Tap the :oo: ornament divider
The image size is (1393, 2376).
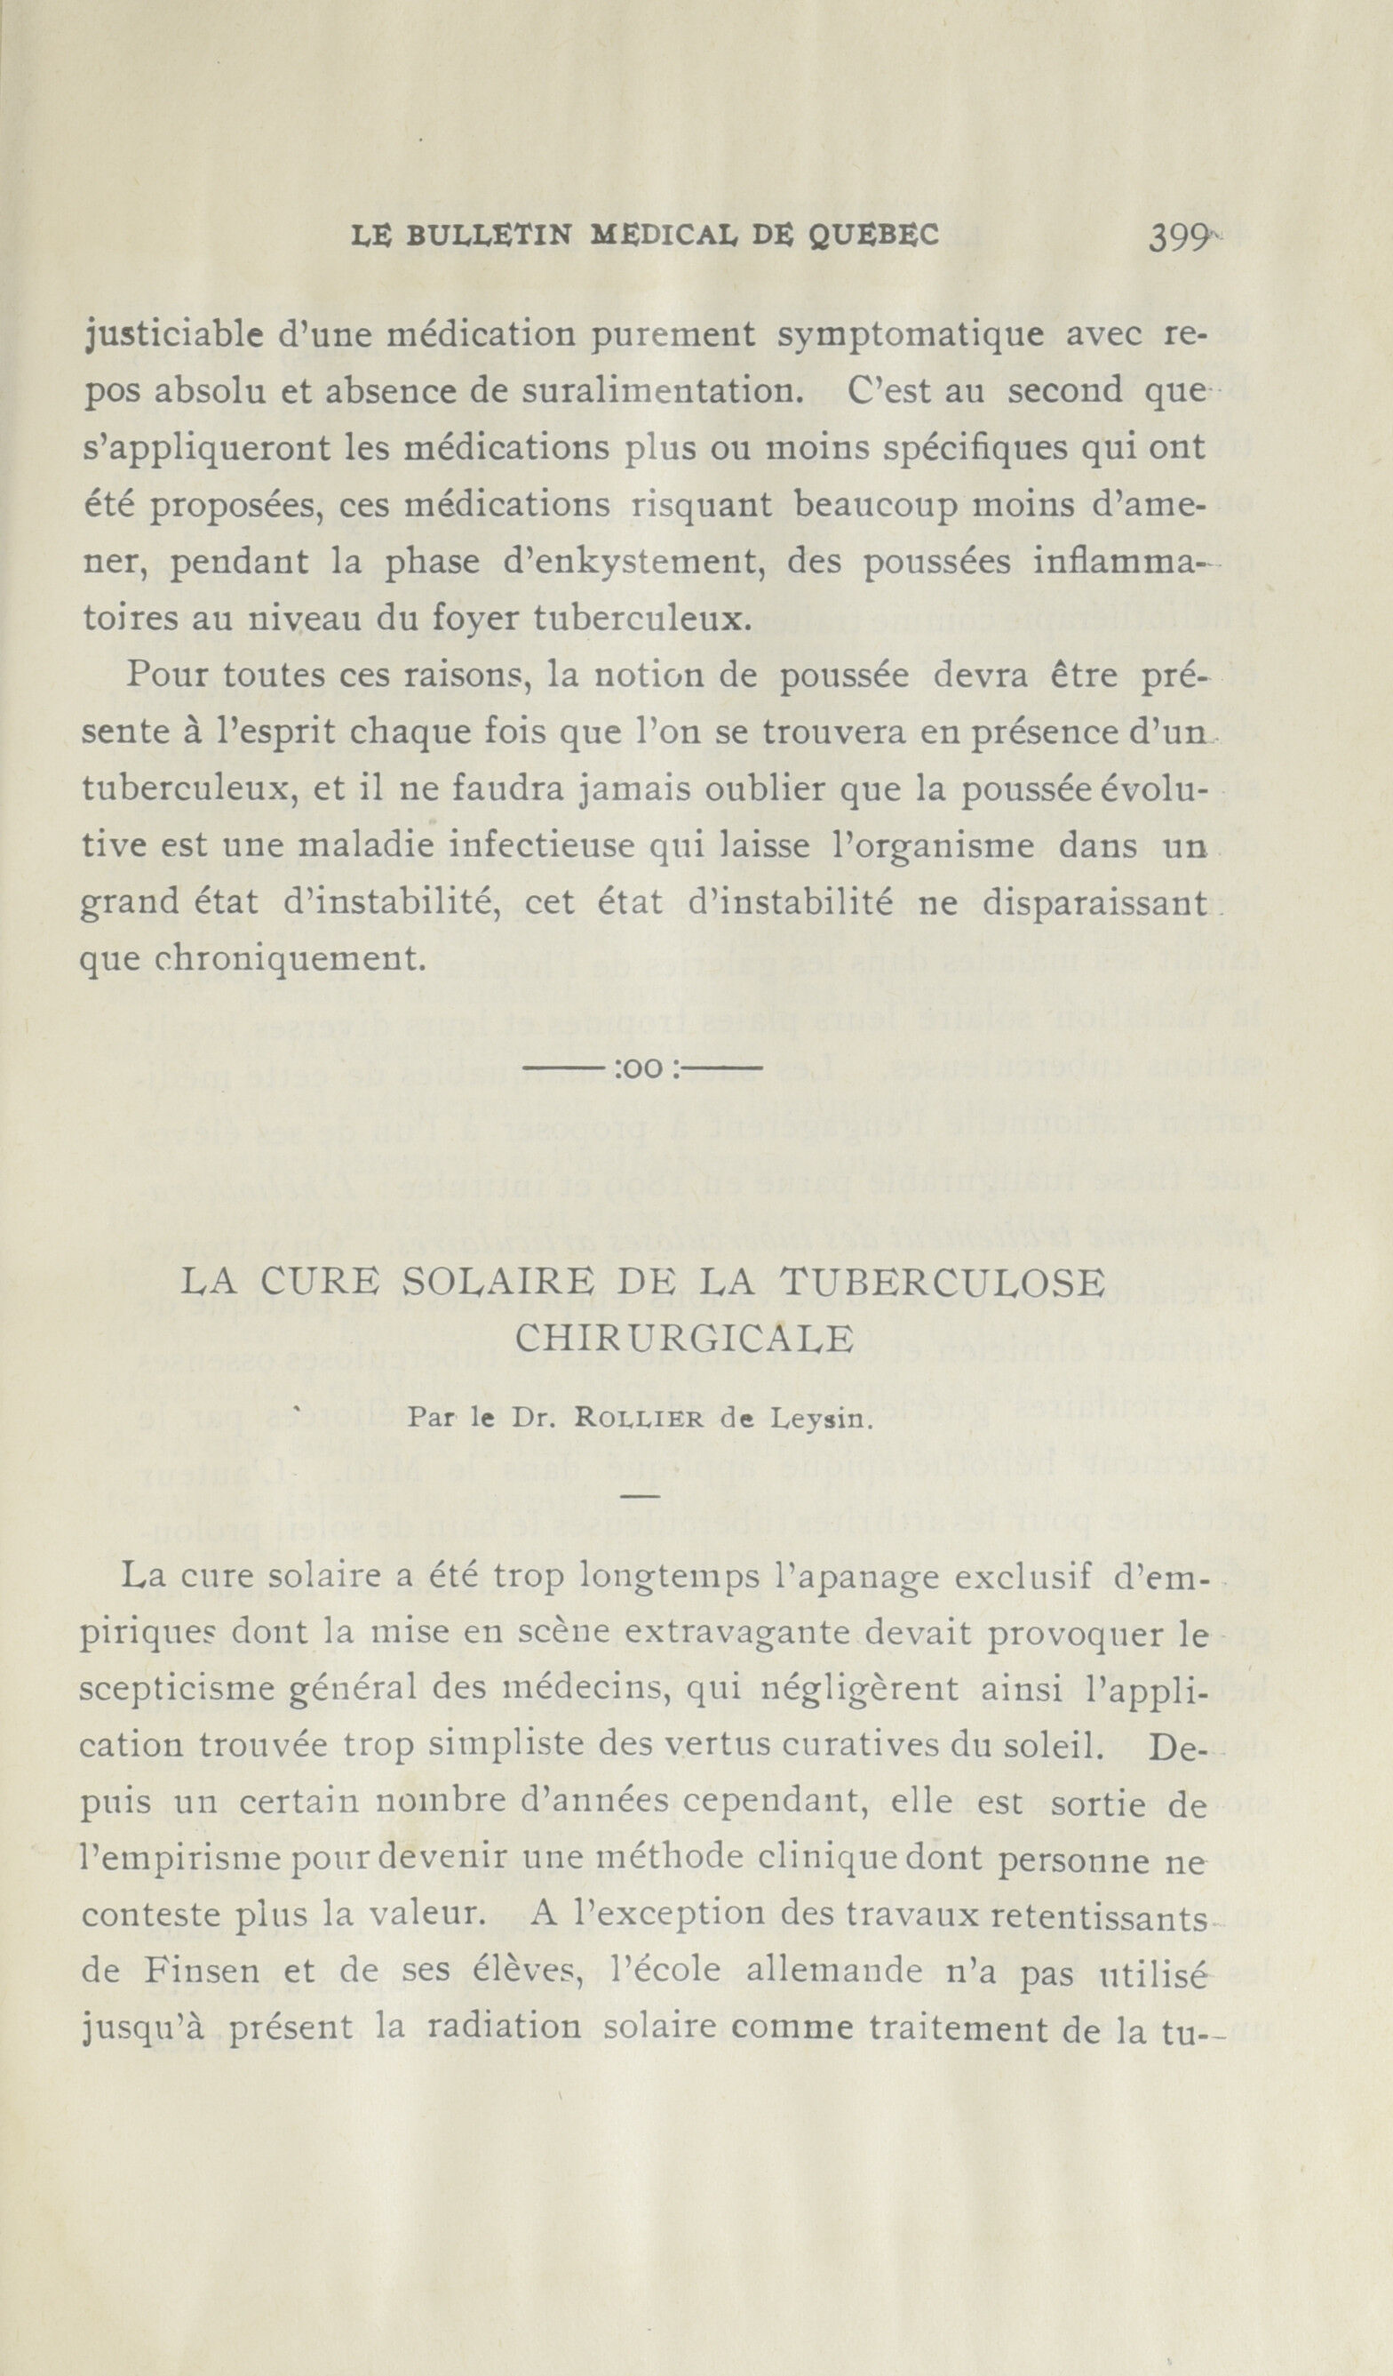(x=641, y=1070)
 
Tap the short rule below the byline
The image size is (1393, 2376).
(x=641, y=1496)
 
